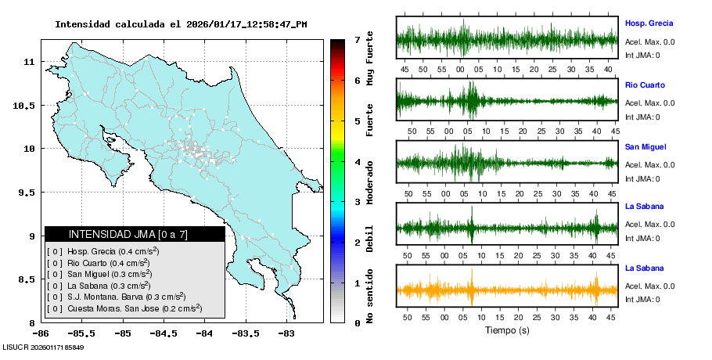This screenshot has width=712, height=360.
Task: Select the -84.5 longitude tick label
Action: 164,334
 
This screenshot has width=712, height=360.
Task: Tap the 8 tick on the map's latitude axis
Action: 31,322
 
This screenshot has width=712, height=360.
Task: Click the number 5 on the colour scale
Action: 357,121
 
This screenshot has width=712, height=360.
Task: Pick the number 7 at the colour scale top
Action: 357,39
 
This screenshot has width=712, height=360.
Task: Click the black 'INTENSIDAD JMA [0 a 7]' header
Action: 135,234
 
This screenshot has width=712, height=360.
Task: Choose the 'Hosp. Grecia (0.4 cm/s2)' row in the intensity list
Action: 102,251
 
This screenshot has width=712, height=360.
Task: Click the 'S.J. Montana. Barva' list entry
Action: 116,297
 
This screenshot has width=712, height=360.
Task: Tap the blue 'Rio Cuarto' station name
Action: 644,85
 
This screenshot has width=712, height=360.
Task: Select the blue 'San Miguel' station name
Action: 645,146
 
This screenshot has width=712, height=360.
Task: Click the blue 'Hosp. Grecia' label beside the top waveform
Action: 649,23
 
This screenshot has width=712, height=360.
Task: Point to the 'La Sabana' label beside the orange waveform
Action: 644,268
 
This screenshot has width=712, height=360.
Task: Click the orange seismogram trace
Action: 507,290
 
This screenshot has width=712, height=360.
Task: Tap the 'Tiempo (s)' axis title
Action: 507,330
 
